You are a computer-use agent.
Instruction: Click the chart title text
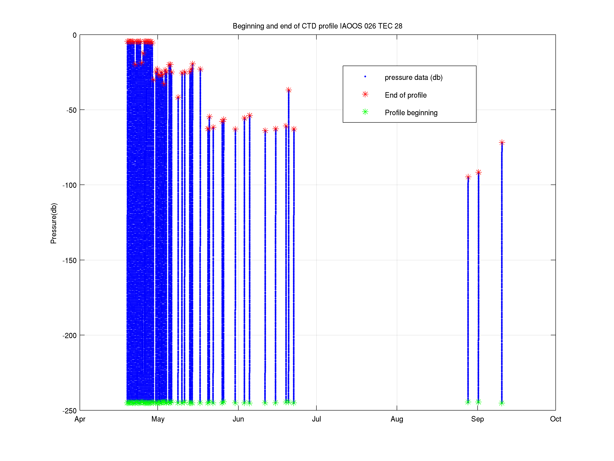[x=317, y=26]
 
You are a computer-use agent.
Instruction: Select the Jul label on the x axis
[x=316, y=419]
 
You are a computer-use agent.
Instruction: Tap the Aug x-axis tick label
[x=397, y=419]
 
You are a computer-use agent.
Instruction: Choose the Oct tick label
[x=555, y=419]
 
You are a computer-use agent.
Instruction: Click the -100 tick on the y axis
[x=69, y=185]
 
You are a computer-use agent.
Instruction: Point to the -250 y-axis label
[x=69, y=411]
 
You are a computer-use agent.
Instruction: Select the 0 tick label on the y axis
[x=74, y=35]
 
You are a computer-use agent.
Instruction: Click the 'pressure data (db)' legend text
[x=413, y=77]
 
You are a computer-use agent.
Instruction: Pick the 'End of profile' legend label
[x=405, y=95]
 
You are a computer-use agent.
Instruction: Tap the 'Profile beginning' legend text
[x=411, y=113]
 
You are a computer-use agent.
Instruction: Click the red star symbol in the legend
[x=365, y=94]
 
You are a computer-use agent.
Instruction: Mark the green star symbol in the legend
[x=365, y=112]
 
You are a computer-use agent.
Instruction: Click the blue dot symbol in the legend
[x=365, y=77]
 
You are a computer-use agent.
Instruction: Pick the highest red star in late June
[x=289, y=90]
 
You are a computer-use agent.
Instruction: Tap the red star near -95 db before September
[x=468, y=177]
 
